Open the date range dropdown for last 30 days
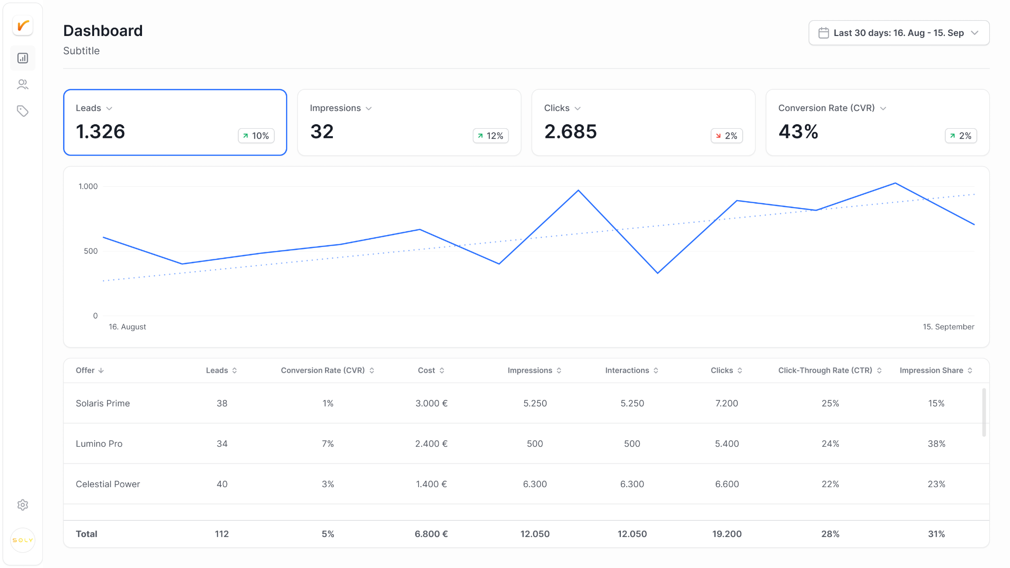(x=899, y=33)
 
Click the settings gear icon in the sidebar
(x=23, y=505)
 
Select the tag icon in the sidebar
(x=23, y=111)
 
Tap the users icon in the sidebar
(x=23, y=84)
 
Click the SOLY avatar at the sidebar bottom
(x=23, y=540)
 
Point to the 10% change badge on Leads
(x=256, y=136)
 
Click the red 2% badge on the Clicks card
(x=726, y=136)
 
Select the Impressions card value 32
(x=322, y=132)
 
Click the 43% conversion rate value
(x=798, y=132)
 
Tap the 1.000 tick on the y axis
(x=88, y=186)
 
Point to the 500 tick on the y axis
(x=91, y=251)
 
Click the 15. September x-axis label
(x=948, y=327)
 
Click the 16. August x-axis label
(x=127, y=327)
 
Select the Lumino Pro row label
(x=99, y=444)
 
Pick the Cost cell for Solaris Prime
(x=432, y=403)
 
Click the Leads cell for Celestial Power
(x=222, y=484)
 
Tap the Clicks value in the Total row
(x=727, y=534)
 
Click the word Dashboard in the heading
(x=103, y=31)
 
